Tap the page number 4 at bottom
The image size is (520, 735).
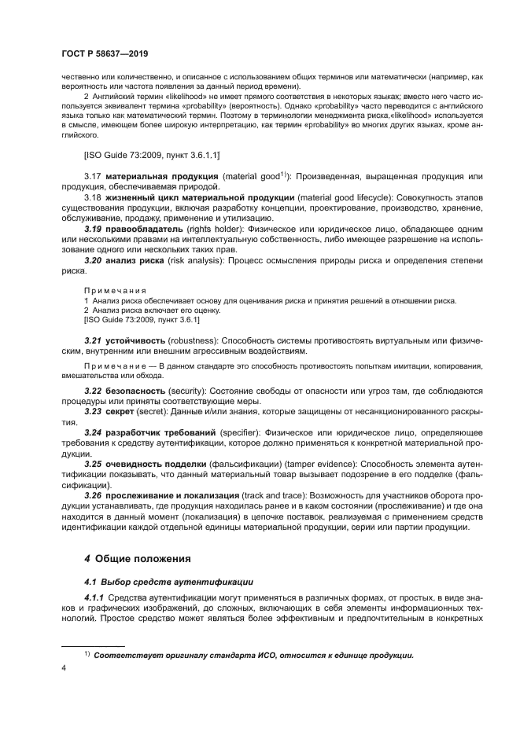click(64, 667)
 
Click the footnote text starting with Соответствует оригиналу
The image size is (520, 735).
click(253, 655)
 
